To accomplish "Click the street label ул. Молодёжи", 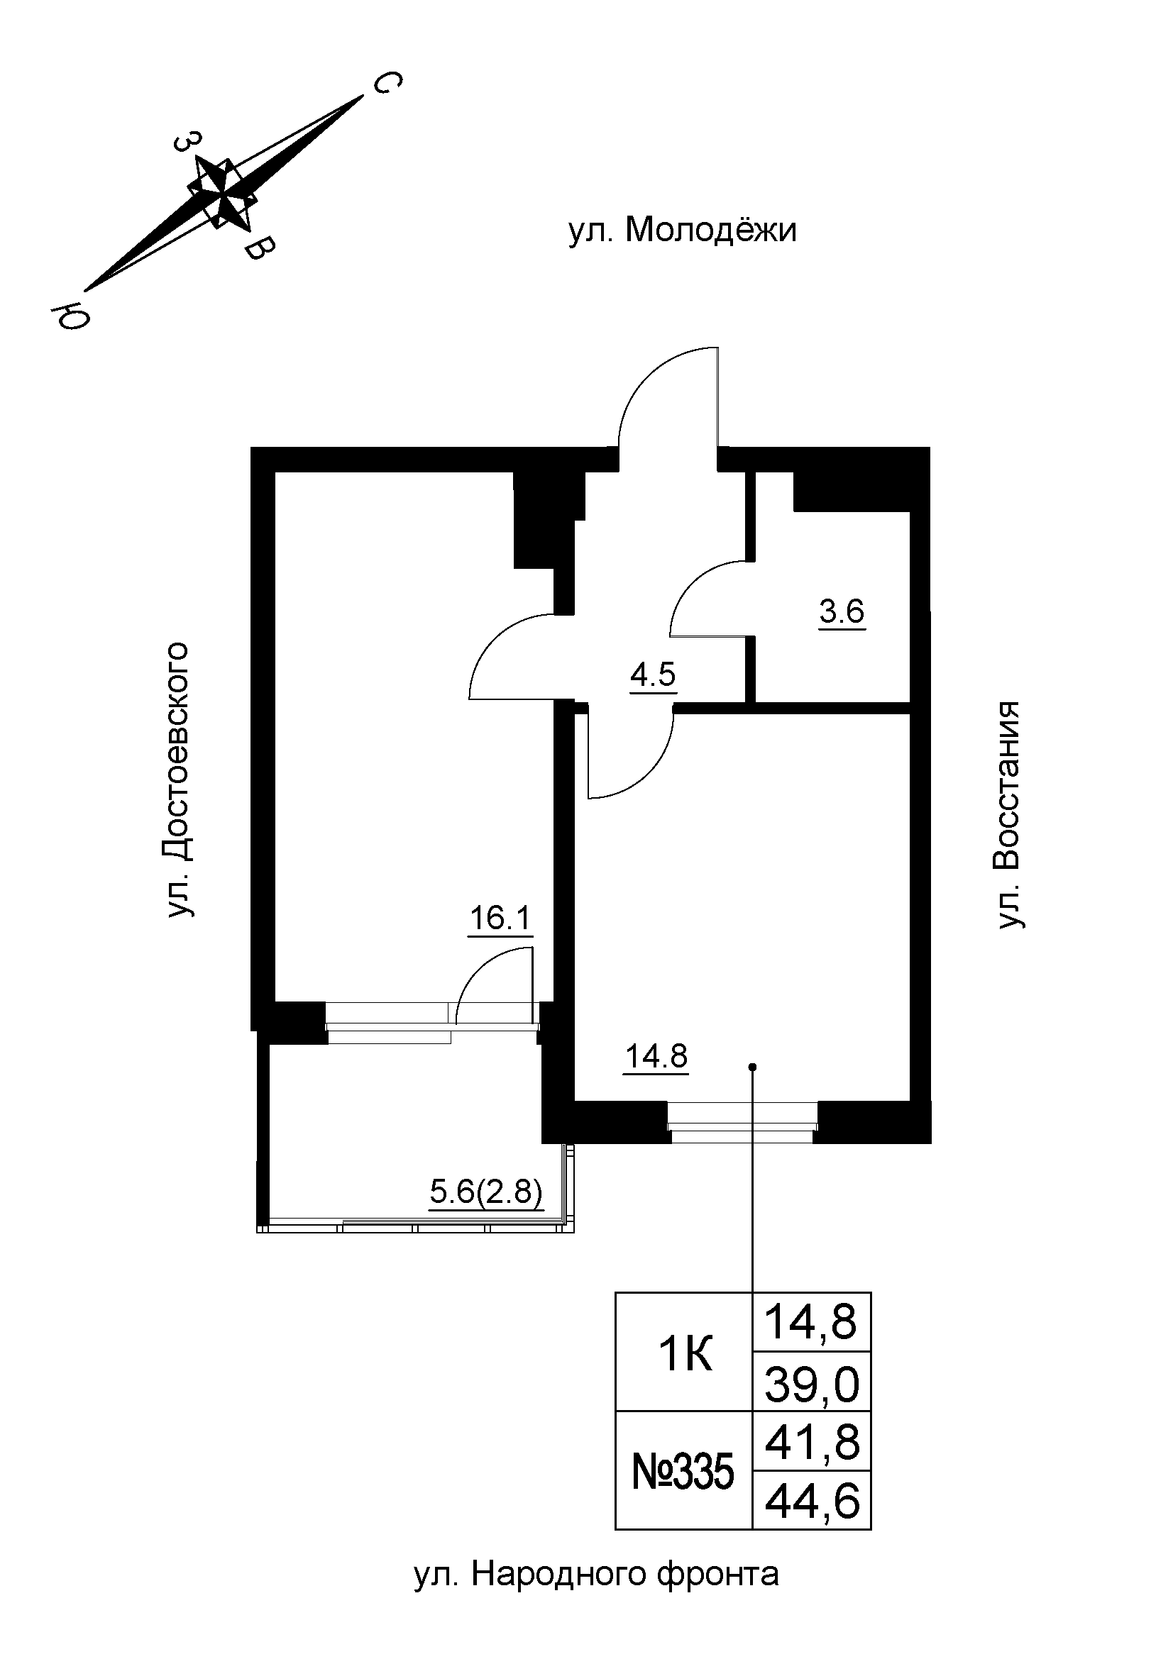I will pyautogui.click(x=682, y=231).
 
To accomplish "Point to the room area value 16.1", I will pyautogui.click(x=500, y=919).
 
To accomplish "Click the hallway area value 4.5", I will pyautogui.click(x=653, y=675).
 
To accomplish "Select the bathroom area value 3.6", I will pyautogui.click(x=842, y=611).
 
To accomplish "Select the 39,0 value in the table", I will pyautogui.click(x=812, y=1387).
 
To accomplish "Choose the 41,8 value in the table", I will pyautogui.click(x=812, y=1443).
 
